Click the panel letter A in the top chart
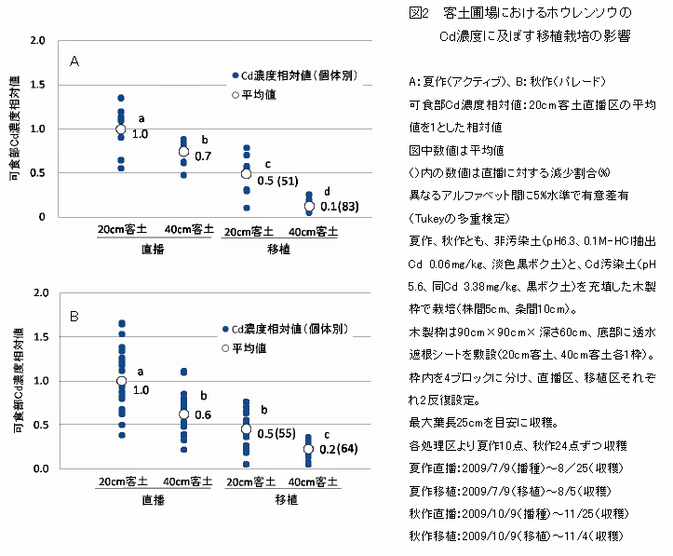[x=74, y=61]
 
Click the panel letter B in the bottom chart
[x=74, y=316]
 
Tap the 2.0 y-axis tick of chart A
[x=37, y=42]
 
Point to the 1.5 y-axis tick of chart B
[x=37, y=337]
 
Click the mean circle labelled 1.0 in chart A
[x=120, y=129]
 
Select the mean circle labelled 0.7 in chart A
[x=183, y=151]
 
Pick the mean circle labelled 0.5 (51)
[x=247, y=173]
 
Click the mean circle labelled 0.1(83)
[x=309, y=206]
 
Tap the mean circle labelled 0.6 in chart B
[x=183, y=414]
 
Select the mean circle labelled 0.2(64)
[x=309, y=448]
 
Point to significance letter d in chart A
[x=326, y=191]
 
